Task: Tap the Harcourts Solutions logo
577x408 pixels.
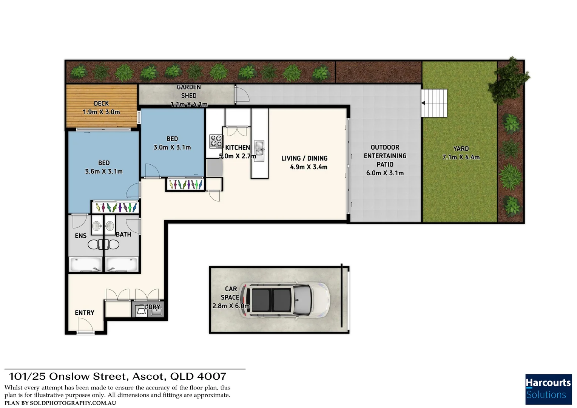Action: tap(548, 389)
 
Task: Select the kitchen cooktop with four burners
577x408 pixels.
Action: tap(216, 141)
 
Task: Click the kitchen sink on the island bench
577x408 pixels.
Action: tap(259, 148)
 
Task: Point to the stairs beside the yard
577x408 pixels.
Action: tap(434, 103)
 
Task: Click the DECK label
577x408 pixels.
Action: tap(101, 104)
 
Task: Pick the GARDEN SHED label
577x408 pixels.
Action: tap(189, 91)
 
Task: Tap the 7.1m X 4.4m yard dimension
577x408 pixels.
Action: tap(461, 157)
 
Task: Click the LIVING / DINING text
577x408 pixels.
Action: tap(304, 158)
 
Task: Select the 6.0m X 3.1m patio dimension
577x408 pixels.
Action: tap(385, 173)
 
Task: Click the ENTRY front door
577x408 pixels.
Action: tap(86, 326)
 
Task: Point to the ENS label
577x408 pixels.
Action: tap(81, 236)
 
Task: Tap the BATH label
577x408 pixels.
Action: tap(123, 235)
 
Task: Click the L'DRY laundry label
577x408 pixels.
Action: tap(153, 307)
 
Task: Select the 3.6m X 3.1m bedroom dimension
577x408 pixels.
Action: tap(104, 172)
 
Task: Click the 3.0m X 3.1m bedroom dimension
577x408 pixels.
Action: tap(172, 147)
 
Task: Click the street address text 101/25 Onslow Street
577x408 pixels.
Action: tap(117, 376)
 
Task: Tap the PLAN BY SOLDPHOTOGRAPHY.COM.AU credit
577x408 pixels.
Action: tap(60, 403)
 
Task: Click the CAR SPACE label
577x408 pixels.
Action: tap(230, 293)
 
